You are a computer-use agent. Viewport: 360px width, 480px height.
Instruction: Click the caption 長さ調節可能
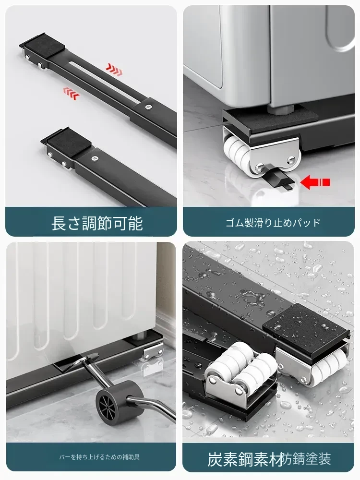tap(97, 223)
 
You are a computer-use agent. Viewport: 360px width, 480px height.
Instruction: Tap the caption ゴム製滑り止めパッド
tap(273, 223)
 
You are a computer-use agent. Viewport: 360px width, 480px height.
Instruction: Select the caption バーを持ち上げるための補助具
tap(99, 457)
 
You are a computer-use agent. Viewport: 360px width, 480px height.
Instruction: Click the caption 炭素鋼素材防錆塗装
tap(269, 459)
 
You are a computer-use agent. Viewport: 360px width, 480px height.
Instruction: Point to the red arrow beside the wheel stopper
tap(315, 182)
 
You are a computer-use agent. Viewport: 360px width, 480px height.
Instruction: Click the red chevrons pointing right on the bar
tap(114, 70)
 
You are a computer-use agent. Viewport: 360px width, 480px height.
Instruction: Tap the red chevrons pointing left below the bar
tap(72, 94)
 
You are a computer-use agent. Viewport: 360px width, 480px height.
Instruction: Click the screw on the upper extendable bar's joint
tap(148, 107)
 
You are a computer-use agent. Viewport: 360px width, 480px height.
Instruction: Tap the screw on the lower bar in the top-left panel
tap(95, 158)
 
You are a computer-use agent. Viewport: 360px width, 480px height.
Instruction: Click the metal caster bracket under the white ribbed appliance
tap(152, 352)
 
